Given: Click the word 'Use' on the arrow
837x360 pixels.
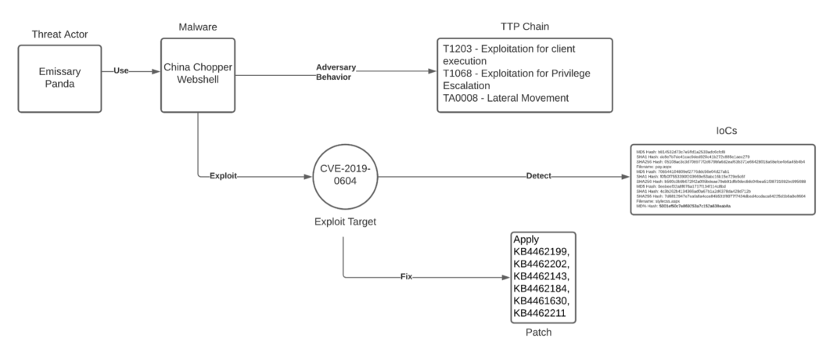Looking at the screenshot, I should coord(121,70).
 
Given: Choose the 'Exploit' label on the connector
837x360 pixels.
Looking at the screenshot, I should coord(225,177).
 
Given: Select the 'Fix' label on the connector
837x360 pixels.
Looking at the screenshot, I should coord(406,277).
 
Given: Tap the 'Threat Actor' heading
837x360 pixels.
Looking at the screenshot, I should coord(60,34).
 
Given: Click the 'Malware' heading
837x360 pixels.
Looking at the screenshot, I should coord(197,27).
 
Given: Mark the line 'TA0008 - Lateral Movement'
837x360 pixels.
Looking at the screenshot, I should coord(515,98).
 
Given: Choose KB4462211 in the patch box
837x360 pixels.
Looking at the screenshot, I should coord(542,315).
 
